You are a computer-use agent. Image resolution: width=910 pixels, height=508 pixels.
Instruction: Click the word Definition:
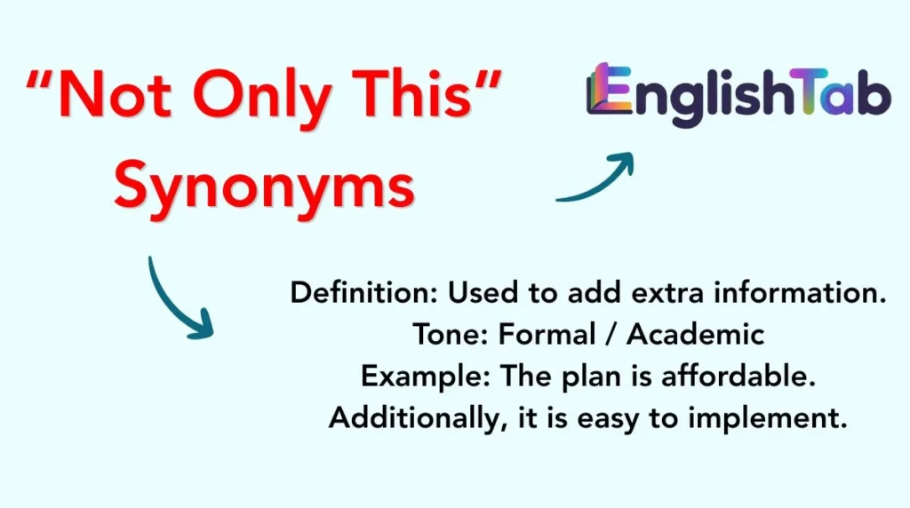click(363, 294)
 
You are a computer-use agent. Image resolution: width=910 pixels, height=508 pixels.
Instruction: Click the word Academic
click(696, 334)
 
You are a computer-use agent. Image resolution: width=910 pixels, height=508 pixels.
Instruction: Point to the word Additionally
click(409, 417)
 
